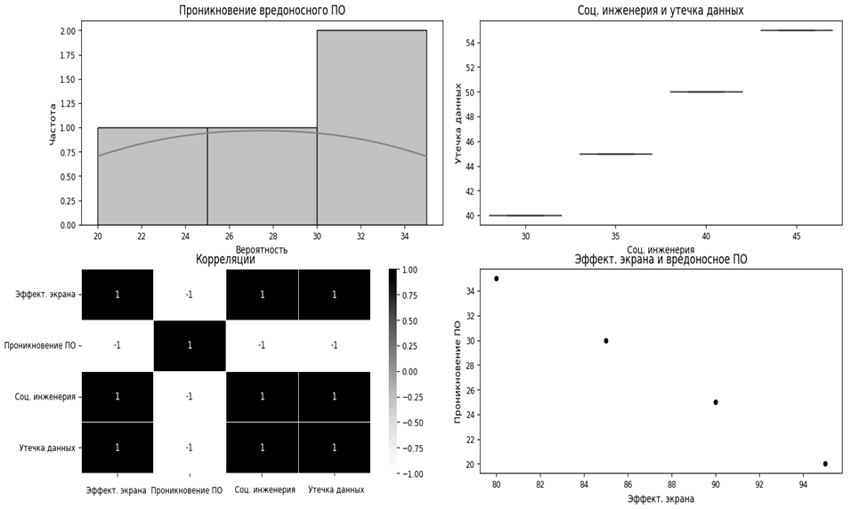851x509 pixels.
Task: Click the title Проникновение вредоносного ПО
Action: (262, 11)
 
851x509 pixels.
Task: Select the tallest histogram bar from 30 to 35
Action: (371, 127)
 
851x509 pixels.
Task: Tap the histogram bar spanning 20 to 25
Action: (152, 176)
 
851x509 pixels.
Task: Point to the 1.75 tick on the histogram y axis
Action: (66, 55)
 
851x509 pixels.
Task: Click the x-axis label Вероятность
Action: (262, 250)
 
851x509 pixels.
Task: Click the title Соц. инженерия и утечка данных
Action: (660, 11)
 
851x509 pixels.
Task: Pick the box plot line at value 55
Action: (797, 30)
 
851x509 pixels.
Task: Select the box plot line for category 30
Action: (525, 215)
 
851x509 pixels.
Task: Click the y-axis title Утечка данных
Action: (458, 123)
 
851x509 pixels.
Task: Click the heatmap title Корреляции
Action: (225, 260)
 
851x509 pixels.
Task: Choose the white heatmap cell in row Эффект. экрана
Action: (189, 295)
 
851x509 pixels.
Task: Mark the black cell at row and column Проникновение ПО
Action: (189, 345)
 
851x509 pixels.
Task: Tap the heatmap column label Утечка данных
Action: (335, 489)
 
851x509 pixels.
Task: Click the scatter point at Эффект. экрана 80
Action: (497, 279)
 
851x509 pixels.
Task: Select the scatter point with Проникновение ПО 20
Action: (825, 464)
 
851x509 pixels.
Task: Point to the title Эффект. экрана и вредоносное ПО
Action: (661, 260)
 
